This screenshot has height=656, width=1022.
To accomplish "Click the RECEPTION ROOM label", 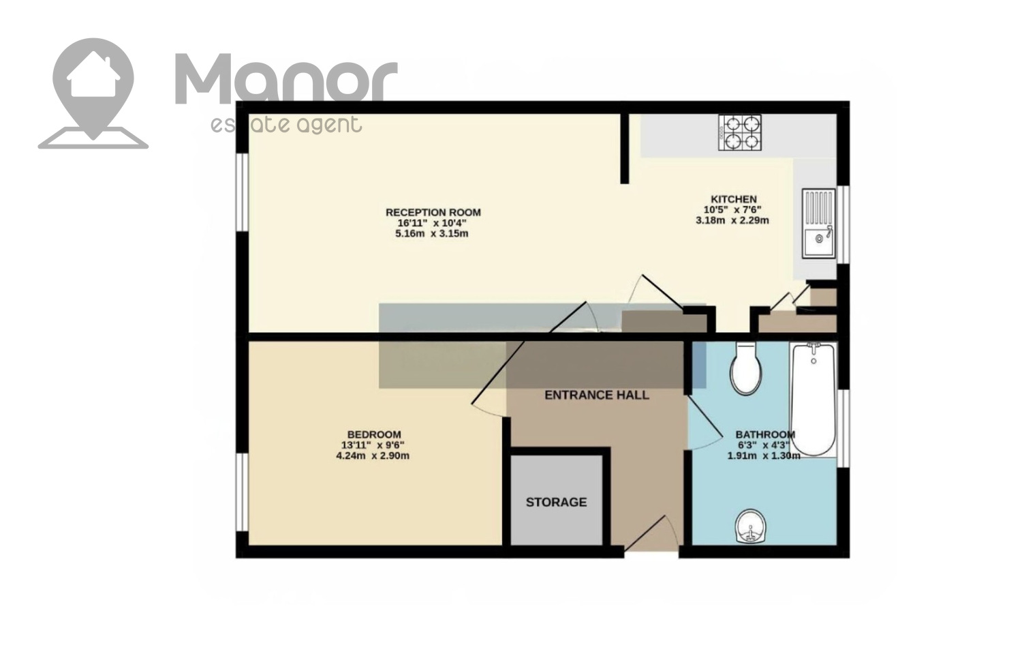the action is point(433,212).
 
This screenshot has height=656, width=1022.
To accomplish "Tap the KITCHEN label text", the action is point(734,199).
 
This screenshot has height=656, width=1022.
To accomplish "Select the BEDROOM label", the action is point(374,434).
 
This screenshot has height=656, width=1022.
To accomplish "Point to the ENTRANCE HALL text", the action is point(597,395).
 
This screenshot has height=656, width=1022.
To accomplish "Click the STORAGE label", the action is point(556,502).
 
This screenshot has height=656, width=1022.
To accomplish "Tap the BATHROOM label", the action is point(765,434).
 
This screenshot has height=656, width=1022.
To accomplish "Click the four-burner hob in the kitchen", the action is point(739,132).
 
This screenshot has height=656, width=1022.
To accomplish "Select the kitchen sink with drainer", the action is point(819,224).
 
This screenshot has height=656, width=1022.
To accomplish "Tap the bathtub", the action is point(813,400).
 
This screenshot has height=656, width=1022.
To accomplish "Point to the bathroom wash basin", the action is point(751,526).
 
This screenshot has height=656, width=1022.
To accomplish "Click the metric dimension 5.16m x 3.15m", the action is point(431,234).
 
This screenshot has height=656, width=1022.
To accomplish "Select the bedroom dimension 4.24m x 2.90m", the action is point(373,456).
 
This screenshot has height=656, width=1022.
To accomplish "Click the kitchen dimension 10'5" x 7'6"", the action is point(732,210).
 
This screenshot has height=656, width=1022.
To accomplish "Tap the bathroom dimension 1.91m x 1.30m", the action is point(764,455).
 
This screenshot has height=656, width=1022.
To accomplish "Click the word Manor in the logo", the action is point(287,78).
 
